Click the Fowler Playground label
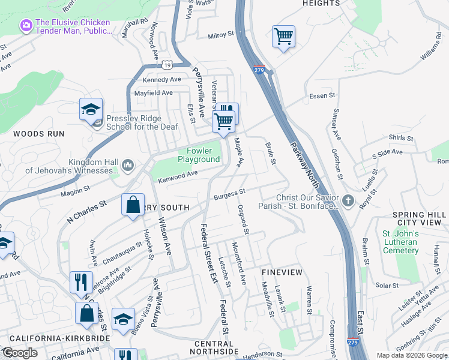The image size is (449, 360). coord(199,155)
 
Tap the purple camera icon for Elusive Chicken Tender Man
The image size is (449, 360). coord(26,25)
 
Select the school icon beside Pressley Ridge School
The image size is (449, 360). coord(91,109)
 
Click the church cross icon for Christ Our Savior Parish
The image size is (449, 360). coord(349,200)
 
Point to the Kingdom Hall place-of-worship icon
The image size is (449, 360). coord(128,165)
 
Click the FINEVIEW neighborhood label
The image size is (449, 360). coord(282,272)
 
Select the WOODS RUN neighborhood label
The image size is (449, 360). coord(34,134)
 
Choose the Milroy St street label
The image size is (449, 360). coord(220,35)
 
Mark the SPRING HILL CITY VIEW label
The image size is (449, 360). coord(417,218)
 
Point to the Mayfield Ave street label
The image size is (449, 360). coord(153,93)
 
